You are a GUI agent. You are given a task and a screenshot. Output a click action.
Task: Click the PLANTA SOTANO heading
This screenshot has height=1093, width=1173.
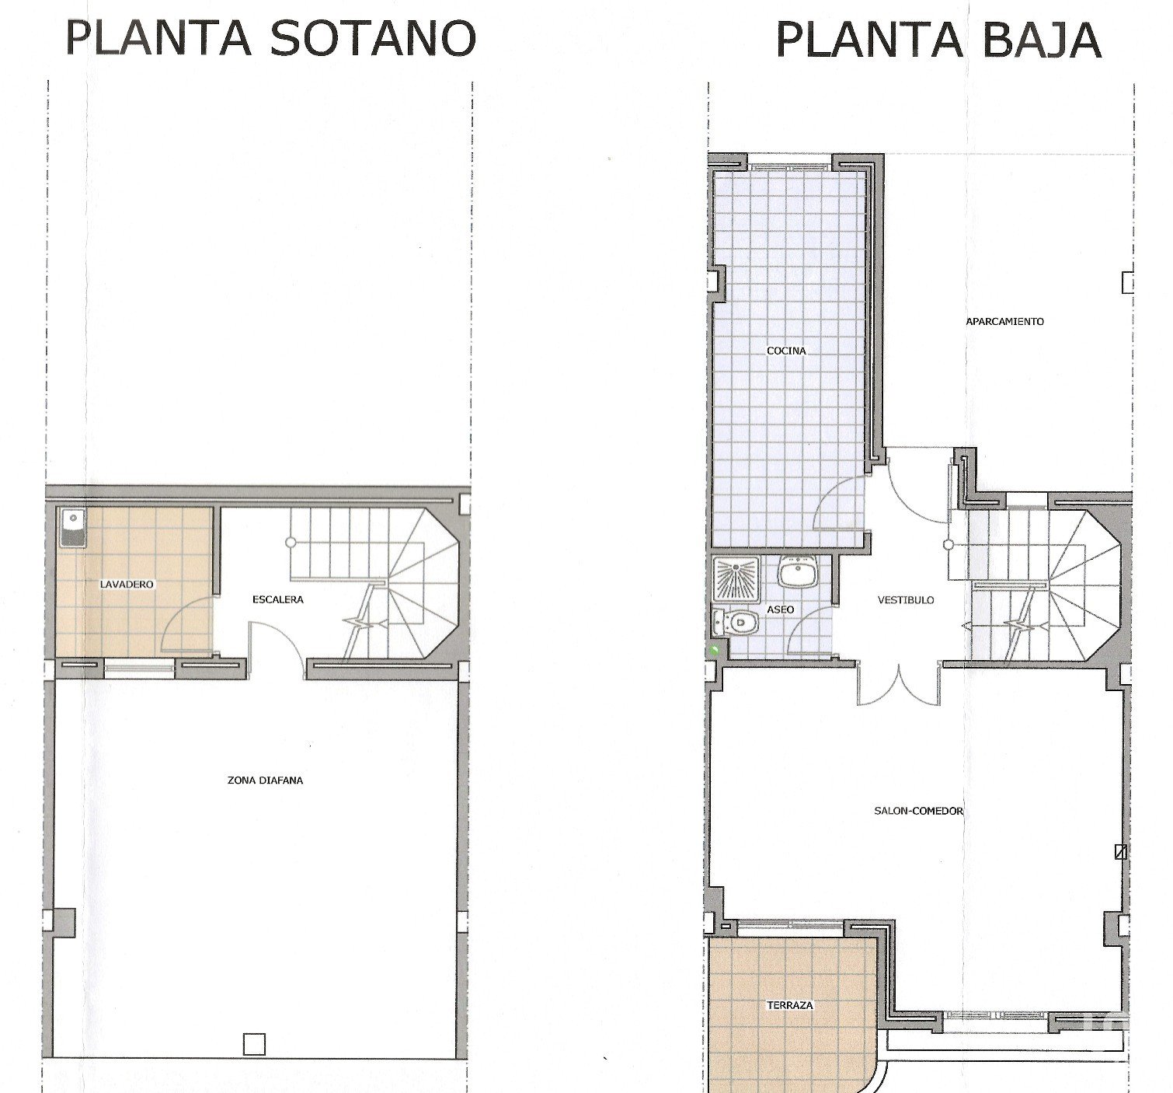pyautogui.click(x=270, y=38)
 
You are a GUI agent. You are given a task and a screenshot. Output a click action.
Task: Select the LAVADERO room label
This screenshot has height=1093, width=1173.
pyautogui.click(x=127, y=585)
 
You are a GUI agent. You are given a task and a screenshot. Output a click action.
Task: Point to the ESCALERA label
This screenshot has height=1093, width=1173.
pyautogui.click(x=277, y=599)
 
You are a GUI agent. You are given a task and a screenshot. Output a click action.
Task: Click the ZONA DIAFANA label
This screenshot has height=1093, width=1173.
pyautogui.click(x=265, y=780)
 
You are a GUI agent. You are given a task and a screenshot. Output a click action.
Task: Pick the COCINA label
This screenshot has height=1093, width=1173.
pyautogui.click(x=786, y=351)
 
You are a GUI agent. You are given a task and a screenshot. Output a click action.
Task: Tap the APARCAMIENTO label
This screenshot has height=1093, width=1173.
pyautogui.click(x=1004, y=322)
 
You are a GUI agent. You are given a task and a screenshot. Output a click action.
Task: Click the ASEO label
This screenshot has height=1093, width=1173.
pyautogui.click(x=780, y=609)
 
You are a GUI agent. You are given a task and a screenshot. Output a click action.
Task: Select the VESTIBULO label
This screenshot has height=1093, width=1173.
pyautogui.click(x=906, y=600)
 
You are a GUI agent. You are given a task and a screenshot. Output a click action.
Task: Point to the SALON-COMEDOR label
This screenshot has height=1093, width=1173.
pyautogui.click(x=918, y=811)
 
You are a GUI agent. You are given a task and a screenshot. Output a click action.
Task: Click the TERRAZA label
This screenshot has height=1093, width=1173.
pyautogui.click(x=790, y=1005)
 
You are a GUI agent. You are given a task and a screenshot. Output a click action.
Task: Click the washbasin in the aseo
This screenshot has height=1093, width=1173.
pyautogui.click(x=797, y=574)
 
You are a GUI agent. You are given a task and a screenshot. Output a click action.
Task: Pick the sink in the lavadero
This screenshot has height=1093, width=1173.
pyautogui.click(x=72, y=528)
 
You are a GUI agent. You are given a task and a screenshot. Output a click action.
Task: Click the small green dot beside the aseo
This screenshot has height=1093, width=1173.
pyautogui.click(x=716, y=650)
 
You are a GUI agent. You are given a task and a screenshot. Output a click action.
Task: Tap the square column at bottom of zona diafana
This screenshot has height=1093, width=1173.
pyautogui.click(x=255, y=1045)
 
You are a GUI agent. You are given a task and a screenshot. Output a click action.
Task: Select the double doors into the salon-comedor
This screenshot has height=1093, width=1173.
pyautogui.click(x=898, y=685)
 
